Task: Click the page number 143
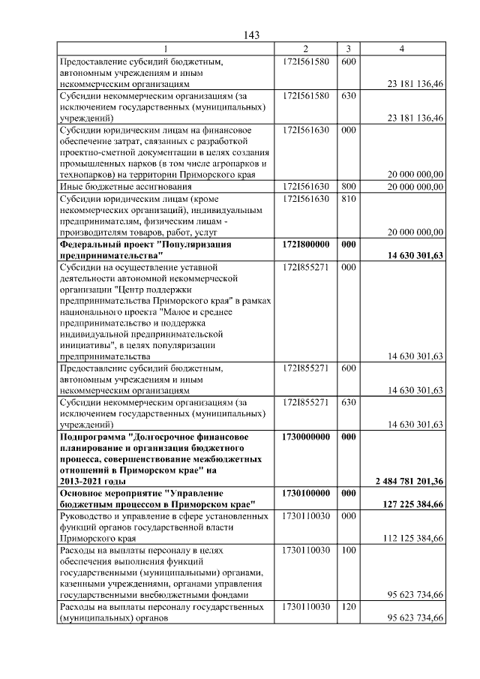tap(251, 35)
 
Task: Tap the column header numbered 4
tap(402, 49)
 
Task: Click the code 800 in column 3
tap(348, 186)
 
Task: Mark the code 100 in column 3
tap(348, 551)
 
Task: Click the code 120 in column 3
tap(348, 606)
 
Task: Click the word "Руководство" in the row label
tap(86, 517)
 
